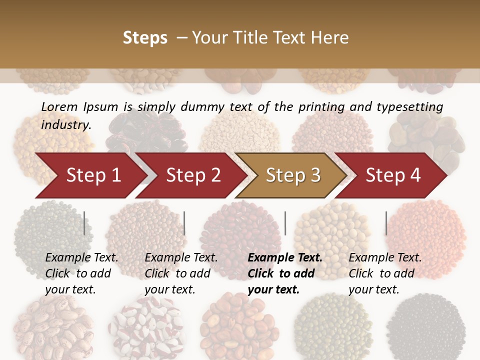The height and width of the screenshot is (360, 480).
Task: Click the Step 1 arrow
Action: point(93,175)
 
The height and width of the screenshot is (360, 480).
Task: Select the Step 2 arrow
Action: point(193,175)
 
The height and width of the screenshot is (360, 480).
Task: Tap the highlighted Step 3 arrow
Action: point(293,175)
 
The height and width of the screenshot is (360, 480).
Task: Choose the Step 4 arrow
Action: point(393,175)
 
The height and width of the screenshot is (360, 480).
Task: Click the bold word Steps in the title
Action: point(145,38)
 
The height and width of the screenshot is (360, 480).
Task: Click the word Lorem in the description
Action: point(59,106)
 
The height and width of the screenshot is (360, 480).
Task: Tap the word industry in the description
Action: point(66,125)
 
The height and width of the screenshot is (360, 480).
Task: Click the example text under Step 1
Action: point(82,273)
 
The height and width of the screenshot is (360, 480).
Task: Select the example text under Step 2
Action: point(181,273)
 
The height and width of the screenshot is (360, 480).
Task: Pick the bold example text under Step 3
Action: point(285,273)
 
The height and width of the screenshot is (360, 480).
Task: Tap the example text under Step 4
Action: point(385,273)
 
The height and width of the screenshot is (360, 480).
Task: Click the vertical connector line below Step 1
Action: point(84,223)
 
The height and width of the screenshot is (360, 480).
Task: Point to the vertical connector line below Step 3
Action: point(285,223)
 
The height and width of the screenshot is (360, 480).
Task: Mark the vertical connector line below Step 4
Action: point(386,223)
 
